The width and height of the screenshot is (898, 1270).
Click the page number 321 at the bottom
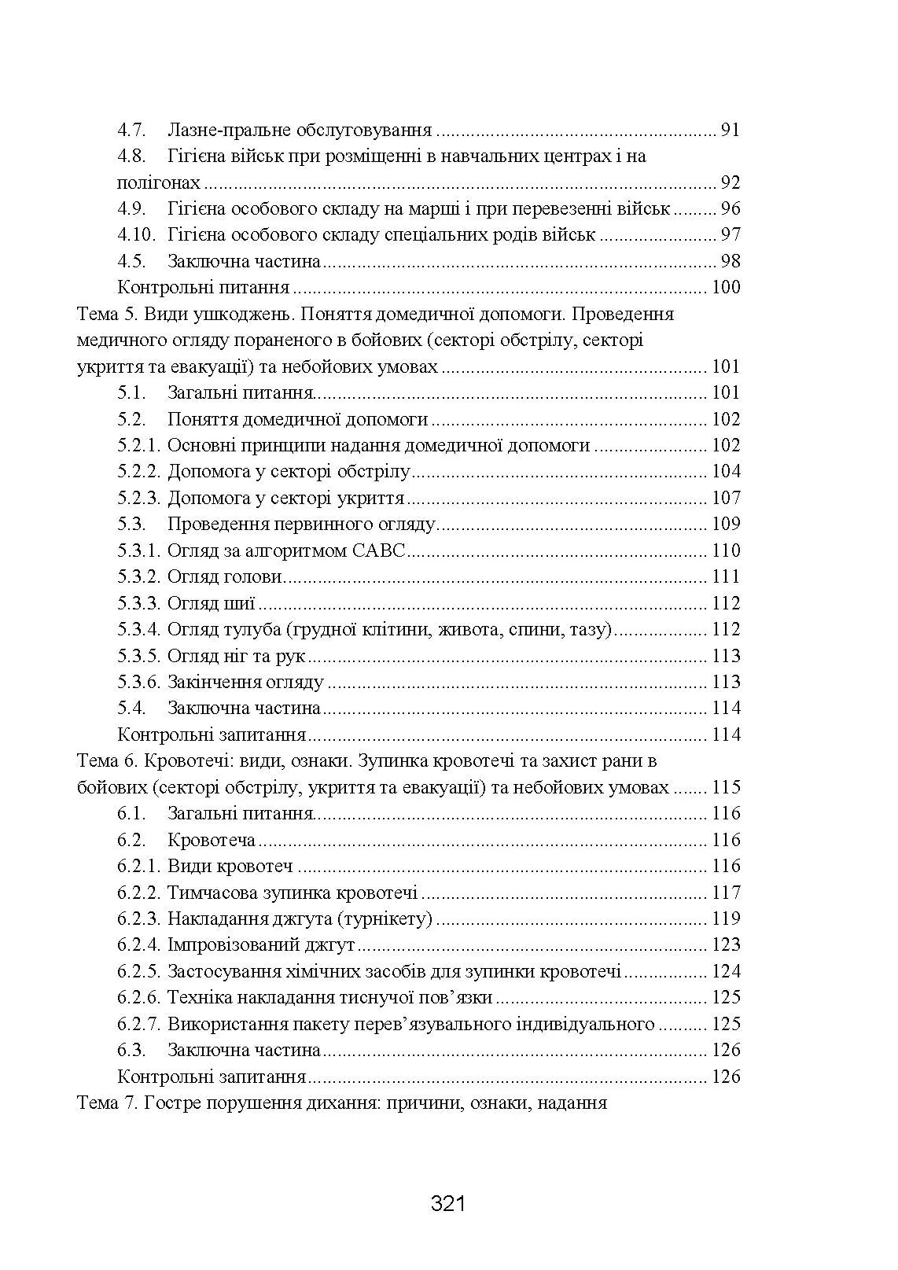[449, 1203]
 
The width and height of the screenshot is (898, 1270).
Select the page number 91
[731, 130]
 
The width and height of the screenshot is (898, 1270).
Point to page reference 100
[726, 288]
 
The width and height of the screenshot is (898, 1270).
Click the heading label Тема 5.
[109, 314]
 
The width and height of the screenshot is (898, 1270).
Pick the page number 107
[726, 498]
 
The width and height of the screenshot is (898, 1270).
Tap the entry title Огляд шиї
[212, 603]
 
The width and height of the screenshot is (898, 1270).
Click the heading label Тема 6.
[109, 761]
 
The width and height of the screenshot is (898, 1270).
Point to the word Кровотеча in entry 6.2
[212, 840]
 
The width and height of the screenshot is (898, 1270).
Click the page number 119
[726, 918]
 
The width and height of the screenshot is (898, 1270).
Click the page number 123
[726, 944]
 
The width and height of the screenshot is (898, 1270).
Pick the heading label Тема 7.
[109, 1103]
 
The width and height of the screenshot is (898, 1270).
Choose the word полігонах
[159, 183]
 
